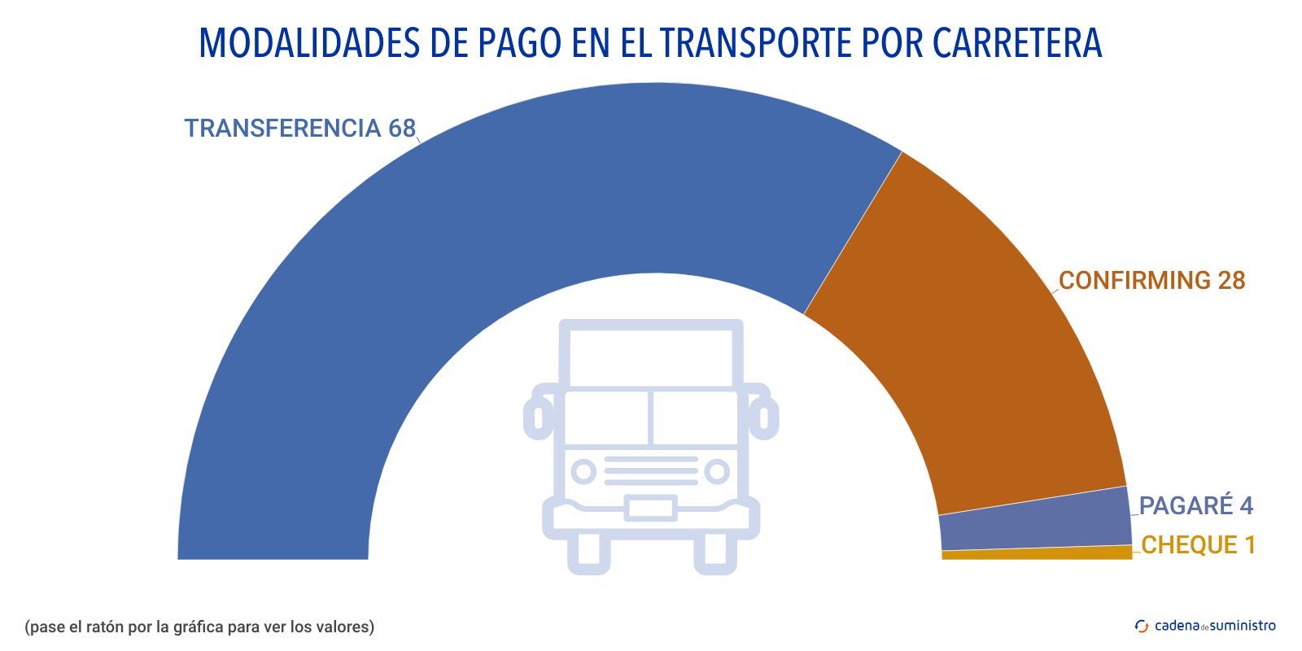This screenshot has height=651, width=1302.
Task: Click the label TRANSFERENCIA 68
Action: tap(299, 129)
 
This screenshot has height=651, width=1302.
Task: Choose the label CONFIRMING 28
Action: tap(1151, 281)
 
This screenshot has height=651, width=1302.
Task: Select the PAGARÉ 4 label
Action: tap(1195, 506)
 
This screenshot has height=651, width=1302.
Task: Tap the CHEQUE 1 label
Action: tap(1198, 545)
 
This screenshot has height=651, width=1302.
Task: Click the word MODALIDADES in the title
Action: tap(310, 43)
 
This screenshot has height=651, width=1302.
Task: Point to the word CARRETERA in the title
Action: tap(1017, 43)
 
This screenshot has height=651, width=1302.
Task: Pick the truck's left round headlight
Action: tap(583, 471)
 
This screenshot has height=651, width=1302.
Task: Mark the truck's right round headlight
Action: tap(717, 471)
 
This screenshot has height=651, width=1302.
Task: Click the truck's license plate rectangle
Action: tap(650, 508)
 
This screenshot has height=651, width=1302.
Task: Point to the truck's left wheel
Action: tap(588, 553)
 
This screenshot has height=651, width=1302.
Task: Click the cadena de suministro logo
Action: tap(1205, 626)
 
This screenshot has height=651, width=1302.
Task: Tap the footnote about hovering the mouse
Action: tap(199, 627)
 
